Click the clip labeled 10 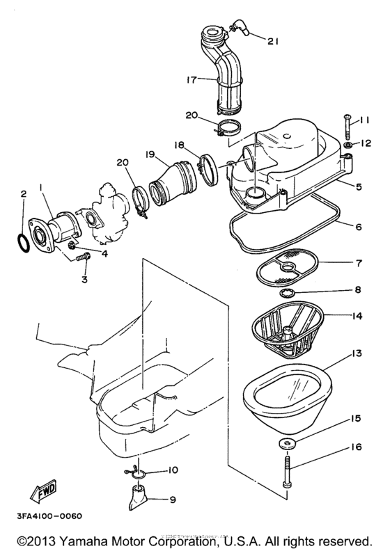tap(139, 472)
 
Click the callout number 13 tap(357, 355)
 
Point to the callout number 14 tap(357, 317)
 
